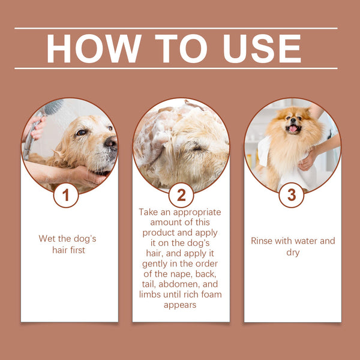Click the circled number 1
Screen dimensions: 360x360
point(66,195)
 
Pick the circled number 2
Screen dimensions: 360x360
point(181,195)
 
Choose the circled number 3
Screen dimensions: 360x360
point(292,195)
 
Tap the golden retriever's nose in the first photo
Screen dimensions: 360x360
point(110,142)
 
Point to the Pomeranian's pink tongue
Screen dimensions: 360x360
point(292,128)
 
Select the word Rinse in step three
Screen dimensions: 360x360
point(263,241)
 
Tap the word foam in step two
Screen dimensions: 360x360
point(209,295)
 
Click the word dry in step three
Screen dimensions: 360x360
point(292,253)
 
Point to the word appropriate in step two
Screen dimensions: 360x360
point(197,212)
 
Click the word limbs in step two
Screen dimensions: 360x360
point(151,295)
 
